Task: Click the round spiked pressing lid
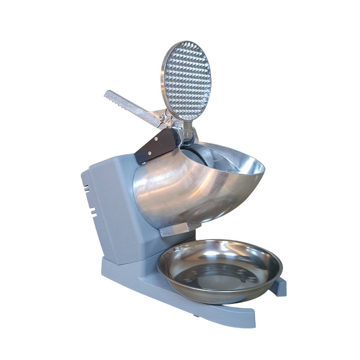coord(185,81)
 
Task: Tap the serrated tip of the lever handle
coord(109,95)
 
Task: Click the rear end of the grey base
coord(104,265)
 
